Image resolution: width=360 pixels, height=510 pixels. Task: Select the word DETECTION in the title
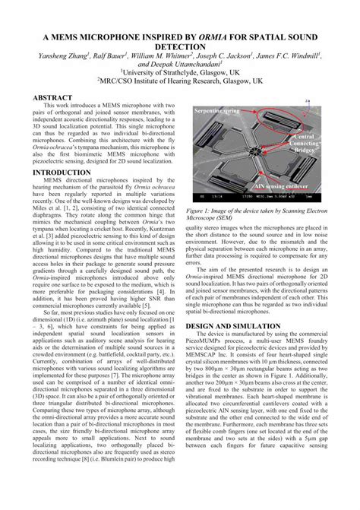180,46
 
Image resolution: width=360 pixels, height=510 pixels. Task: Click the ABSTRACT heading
54,99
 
